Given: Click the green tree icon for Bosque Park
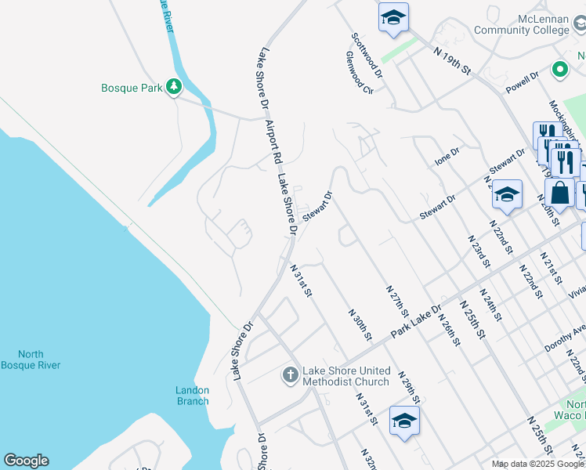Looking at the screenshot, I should (174, 88).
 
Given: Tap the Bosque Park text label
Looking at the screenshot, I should (132, 88).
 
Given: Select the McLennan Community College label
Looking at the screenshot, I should (533, 24).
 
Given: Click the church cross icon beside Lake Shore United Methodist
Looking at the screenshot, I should (290, 375).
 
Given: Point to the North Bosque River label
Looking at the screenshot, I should (31, 360).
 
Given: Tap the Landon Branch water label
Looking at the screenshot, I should (192, 396).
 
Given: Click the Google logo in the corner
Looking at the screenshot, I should (26, 461).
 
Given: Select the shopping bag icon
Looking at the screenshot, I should (560, 192).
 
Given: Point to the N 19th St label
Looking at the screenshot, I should (453, 60).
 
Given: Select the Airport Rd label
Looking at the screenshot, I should (272, 142).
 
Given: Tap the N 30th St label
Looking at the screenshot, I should (360, 324).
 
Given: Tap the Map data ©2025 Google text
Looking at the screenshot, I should (538, 464).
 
